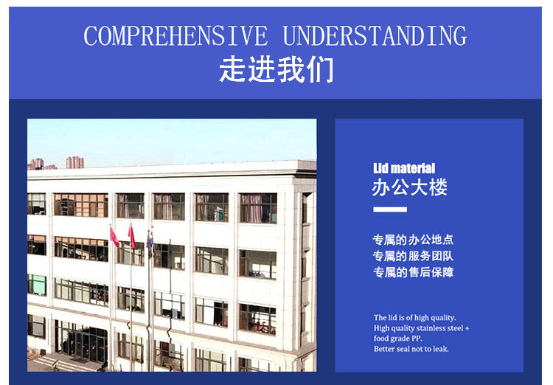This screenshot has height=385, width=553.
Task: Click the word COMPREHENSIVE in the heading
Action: click(175, 36)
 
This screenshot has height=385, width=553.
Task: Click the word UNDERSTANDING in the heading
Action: click(375, 36)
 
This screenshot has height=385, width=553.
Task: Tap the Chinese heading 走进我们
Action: click(276, 69)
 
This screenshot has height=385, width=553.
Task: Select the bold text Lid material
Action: click(404, 168)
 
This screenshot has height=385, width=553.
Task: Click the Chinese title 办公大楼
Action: click(410, 187)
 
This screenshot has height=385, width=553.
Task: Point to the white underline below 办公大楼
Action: click(390, 209)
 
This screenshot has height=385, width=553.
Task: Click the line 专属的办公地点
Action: click(413, 240)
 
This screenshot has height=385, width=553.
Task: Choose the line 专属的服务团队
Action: click(413, 256)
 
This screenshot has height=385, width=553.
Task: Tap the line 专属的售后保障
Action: click(413, 272)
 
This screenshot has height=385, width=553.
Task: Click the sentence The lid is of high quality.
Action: click(414, 318)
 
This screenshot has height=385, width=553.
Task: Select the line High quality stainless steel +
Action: click(422, 328)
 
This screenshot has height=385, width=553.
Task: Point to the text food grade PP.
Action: click(398, 339)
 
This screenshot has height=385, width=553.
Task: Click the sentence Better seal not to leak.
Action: click(411, 349)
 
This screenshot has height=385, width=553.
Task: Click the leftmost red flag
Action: click(114, 237)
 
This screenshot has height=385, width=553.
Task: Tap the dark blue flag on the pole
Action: click(150, 244)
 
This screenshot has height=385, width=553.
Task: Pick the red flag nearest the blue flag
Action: click(132, 236)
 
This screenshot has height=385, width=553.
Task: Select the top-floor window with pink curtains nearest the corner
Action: click(258, 208)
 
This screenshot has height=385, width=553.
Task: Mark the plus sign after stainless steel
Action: click(467, 328)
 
